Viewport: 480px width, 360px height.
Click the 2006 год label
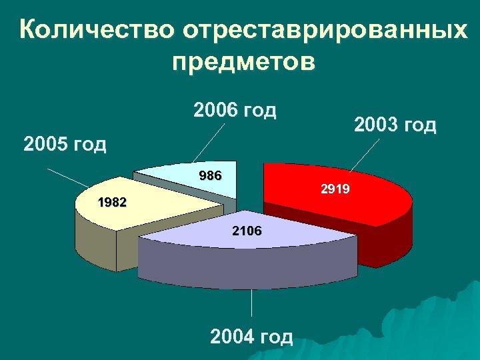(x=234, y=109)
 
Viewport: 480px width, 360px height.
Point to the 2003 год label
(x=395, y=125)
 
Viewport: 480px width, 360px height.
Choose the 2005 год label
(x=65, y=144)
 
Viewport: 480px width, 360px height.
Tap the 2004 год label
(x=251, y=337)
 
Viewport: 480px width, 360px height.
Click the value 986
(x=211, y=176)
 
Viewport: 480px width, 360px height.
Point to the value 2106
(x=247, y=231)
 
